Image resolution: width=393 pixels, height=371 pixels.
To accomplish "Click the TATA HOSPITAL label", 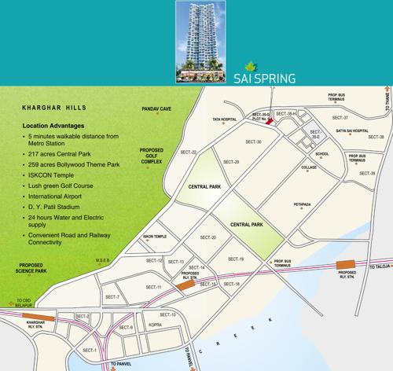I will click(x=224, y=120).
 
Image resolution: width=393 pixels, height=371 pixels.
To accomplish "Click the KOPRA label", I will click(x=156, y=325).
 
